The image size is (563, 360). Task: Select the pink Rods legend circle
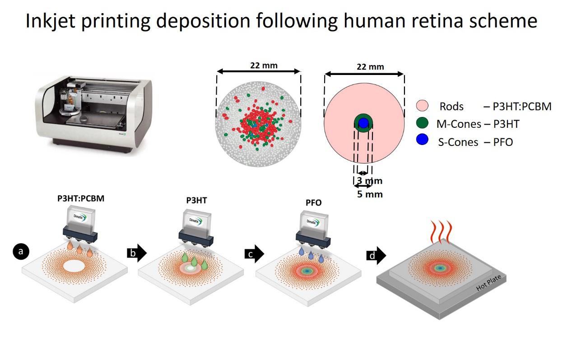click(422, 107)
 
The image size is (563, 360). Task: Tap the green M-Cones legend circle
click(422, 124)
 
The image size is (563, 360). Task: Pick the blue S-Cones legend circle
click(422, 141)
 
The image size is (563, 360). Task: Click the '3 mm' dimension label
click(370, 181)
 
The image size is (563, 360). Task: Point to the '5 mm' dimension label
click(370, 195)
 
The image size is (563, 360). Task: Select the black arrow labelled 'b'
click(137, 253)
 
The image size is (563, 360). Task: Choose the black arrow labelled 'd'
click(376, 256)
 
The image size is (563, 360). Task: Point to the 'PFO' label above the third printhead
click(314, 203)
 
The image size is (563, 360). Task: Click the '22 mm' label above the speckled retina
click(264, 65)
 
